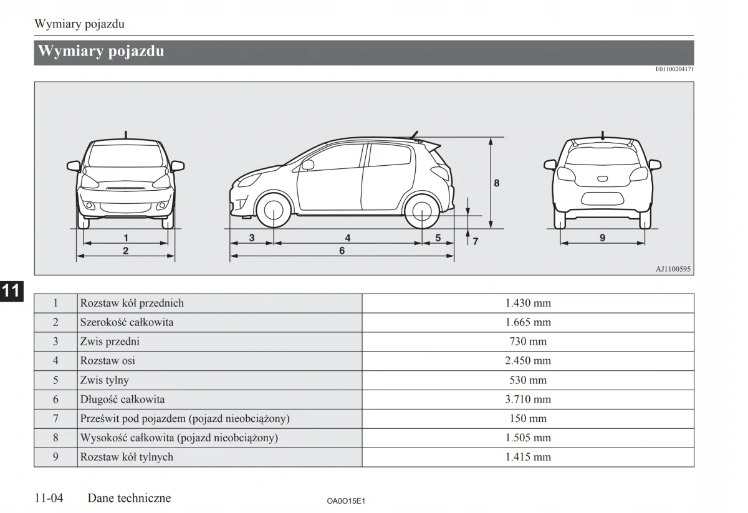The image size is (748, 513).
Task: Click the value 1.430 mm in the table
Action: pyautogui.click(x=527, y=304)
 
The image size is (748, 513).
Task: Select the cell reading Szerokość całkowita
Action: pyautogui.click(x=127, y=322)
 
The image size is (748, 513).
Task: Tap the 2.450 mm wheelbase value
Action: pyautogui.click(x=527, y=361)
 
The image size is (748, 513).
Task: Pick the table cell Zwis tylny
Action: pyautogui.click(x=104, y=380)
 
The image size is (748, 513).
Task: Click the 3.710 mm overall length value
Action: pyautogui.click(x=527, y=400)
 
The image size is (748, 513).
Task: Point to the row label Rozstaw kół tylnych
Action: pyautogui.click(x=127, y=457)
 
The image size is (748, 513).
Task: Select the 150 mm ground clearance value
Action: pyautogui.click(x=527, y=419)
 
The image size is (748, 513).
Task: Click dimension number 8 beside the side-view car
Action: pyautogui.click(x=497, y=183)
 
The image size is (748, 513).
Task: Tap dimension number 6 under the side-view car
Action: pyautogui.click(x=342, y=251)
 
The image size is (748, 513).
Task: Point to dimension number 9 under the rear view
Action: pyautogui.click(x=602, y=237)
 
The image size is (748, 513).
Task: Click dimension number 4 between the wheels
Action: pyautogui.click(x=348, y=237)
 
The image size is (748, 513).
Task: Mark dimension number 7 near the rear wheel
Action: pyautogui.click(x=476, y=241)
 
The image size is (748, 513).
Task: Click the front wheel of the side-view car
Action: pyautogui.click(x=274, y=212)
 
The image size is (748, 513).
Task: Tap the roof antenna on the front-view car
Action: pyautogui.click(x=126, y=134)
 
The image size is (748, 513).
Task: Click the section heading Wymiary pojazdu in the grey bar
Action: pyautogui.click(x=101, y=52)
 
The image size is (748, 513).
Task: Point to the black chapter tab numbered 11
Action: pyautogui.click(x=11, y=290)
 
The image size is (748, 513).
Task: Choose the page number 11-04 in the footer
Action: pyautogui.click(x=50, y=498)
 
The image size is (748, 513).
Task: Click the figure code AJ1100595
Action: pyautogui.click(x=673, y=269)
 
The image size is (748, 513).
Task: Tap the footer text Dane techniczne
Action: pyautogui.click(x=129, y=498)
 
